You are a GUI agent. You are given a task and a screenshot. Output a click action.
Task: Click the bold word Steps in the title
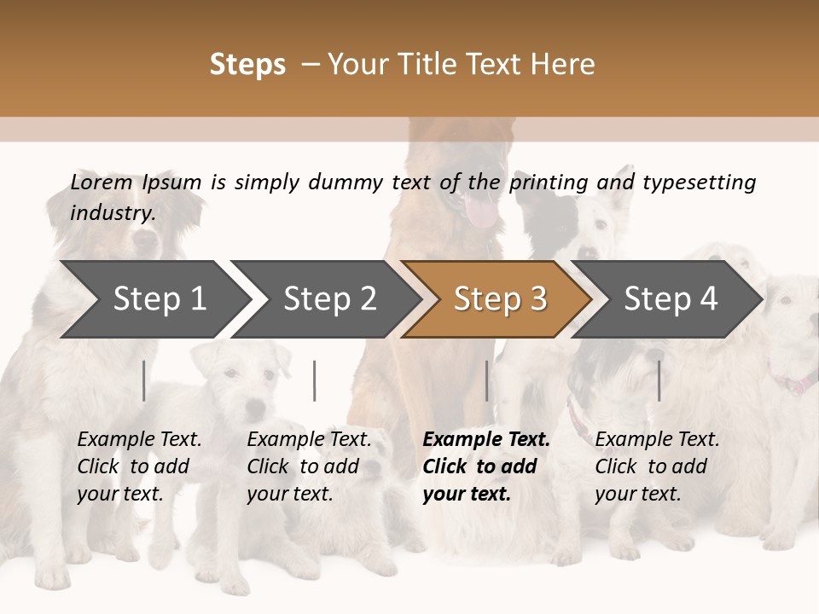tap(247, 65)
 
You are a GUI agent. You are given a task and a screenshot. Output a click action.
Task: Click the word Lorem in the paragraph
tap(102, 182)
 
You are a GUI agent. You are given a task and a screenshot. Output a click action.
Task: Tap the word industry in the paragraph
tap(113, 212)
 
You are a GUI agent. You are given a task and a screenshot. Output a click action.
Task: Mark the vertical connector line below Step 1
tap(144, 380)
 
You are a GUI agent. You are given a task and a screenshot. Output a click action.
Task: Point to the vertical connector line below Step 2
tap(315, 380)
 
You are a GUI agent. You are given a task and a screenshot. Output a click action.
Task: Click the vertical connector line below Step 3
tap(487, 380)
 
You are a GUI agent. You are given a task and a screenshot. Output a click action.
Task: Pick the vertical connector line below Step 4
tap(659, 380)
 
